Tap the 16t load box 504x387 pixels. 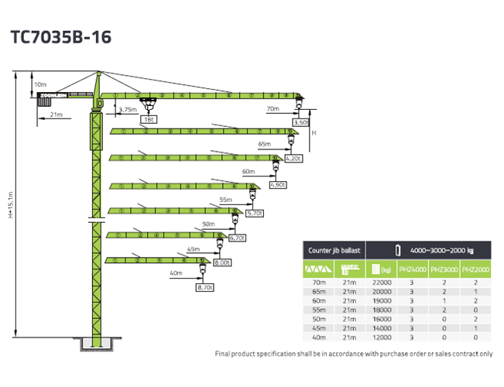pyautogui.click(x=147, y=119)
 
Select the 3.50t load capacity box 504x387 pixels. pyautogui.click(x=301, y=122)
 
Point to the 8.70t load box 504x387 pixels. pyautogui.click(x=204, y=287)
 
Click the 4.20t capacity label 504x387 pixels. pyautogui.click(x=292, y=158)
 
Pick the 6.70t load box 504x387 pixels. pyautogui.click(x=237, y=238)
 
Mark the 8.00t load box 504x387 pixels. pyautogui.click(x=221, y=262)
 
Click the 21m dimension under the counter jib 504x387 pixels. pyautogui.click(x=55, y=115)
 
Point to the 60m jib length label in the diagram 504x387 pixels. pyautogui.click(x=248, y=171)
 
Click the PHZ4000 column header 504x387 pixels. pyautogui.click(x=411, y=270)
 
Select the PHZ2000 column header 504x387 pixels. pyautogui.click(x=476, y=270)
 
